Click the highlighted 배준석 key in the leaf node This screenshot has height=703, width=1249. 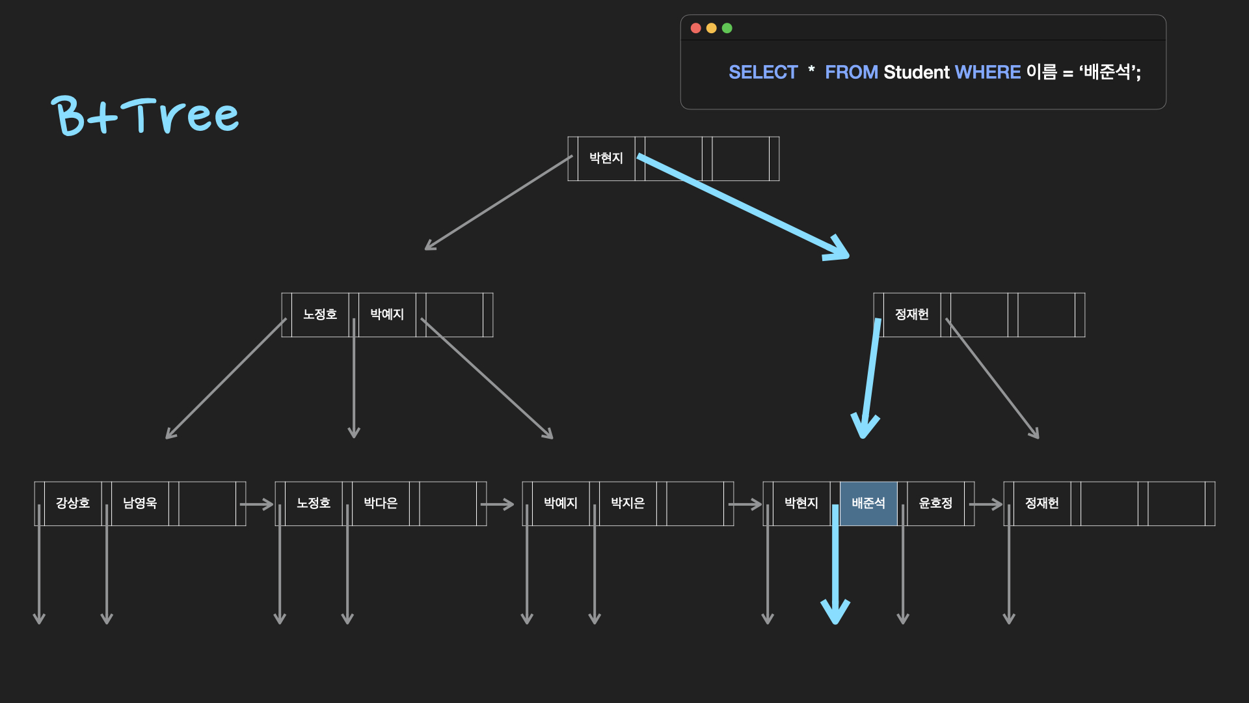click(868, 503)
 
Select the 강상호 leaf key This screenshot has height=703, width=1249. click(73, 503)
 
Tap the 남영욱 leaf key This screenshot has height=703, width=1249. click(140, 503)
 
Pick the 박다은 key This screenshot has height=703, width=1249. click(381, 503)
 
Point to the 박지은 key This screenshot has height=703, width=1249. click(628, 503)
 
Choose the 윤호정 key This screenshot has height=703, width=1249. click(935, 503)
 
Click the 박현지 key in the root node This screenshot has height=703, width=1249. click(606, 158)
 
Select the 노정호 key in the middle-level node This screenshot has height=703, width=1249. click(320, 314)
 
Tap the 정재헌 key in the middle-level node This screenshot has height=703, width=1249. click(912, 314)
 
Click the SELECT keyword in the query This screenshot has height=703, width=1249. click(763, 72)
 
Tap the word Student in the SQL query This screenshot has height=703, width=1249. click(917, 72)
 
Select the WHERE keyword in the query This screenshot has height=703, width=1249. click(987, 72)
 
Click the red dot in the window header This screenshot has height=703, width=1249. click(695, 28)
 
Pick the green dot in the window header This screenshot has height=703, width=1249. click(727, 28)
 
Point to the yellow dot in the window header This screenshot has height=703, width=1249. click(711, 28)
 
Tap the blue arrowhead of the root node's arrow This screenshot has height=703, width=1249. click(838, 250)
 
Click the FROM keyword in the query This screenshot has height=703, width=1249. click(852, 72)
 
